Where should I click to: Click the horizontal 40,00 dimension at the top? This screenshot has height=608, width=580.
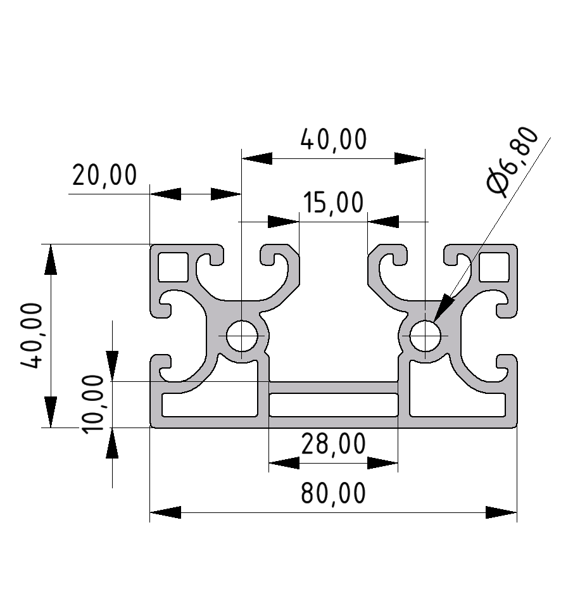[x=333, y=139]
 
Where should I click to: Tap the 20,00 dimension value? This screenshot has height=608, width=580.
[x=104, y=175]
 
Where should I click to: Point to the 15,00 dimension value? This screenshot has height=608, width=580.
[x=333, y=203]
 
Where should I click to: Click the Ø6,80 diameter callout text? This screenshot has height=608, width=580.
[x=514, y=162]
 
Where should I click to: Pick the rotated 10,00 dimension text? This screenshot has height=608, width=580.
[x=92, y=403]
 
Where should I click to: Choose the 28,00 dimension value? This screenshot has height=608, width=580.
[x=333, y=445]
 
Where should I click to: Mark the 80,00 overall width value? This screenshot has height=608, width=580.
[x=333, y=493]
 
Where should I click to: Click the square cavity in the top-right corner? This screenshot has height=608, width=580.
[x=495, y=266]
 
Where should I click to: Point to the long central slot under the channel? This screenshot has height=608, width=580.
[x=334, y=404]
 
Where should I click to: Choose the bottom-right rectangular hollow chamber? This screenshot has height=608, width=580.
[x=457, y=405]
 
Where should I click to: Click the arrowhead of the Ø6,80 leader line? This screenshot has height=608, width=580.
[x=443, y=307]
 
